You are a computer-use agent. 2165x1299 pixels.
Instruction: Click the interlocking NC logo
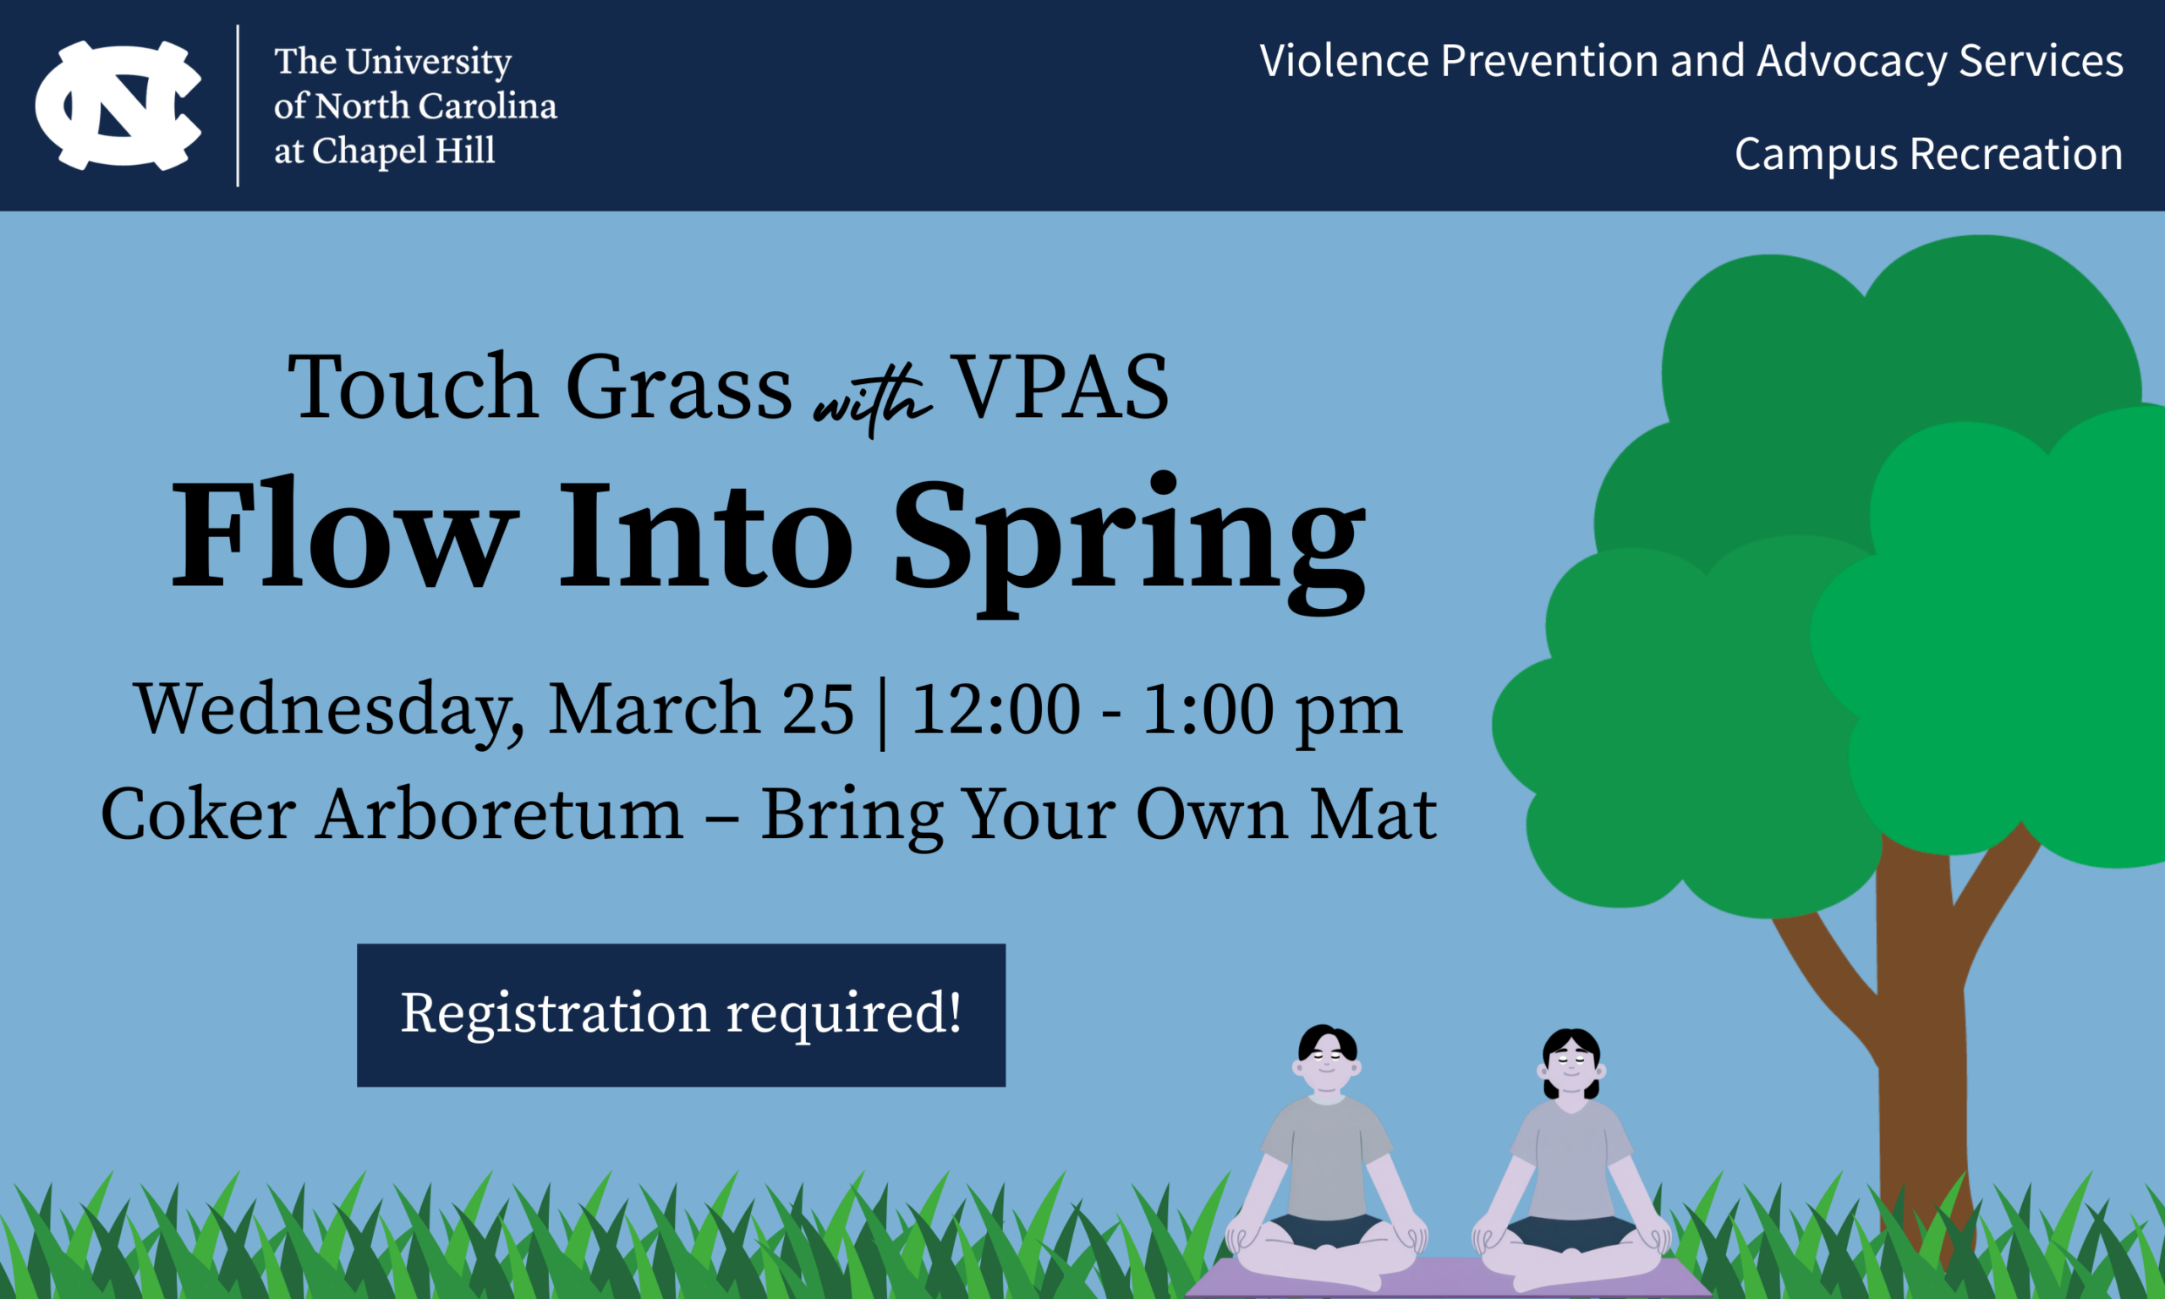pyautogui.click(x=118, y=105)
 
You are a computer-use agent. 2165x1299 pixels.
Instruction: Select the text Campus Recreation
pyautogui.click(x=1929, y=155)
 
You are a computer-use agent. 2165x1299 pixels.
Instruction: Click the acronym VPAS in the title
pyautogui.click(x=1060, y=386)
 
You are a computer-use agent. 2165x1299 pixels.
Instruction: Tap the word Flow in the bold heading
pyautogui.click(x=339, y=534)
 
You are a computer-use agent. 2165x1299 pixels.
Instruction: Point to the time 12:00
pyautogui.click(x=996, y=708)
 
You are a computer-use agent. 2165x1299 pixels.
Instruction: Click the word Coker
pyautogui.click(x=199, y=814)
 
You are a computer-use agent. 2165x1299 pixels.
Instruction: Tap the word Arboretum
pyautogui.click(x=500, y=814)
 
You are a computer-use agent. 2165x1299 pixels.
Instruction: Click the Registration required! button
pyautogui.click(x=681, y=1015)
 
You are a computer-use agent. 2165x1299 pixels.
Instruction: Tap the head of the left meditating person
pyautogui.click(x=1327, y=1058)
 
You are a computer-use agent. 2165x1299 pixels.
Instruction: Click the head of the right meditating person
pyautogui.click(x=1570, y=1063)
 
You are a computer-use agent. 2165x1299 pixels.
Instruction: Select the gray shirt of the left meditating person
pyautogui.click(x=1327, y=1155)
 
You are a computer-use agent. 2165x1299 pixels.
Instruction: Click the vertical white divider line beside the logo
pyautogui.click(x=238, y=106)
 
